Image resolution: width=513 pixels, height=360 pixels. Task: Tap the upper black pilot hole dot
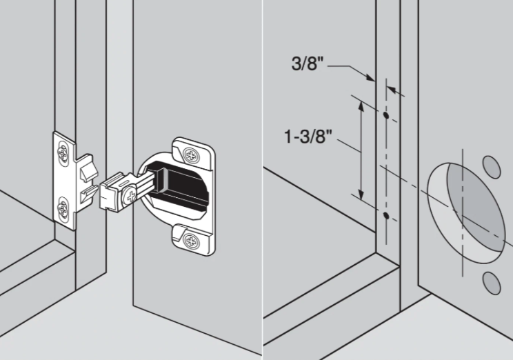[x=386, y=115]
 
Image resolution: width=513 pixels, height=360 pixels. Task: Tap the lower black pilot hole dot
[x=386, y=215]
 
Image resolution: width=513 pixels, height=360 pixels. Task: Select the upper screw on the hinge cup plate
[x=191, y=154]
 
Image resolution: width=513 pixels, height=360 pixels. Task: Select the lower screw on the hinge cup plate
[x=191, y=241]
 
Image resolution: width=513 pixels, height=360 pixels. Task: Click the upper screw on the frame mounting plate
[x=62, y=152]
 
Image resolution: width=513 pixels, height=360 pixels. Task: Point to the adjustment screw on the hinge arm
[x=130, y=196]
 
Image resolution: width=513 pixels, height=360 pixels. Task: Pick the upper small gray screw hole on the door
[x=492, y=167]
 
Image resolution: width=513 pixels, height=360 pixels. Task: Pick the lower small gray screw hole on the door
[x=492, y=283]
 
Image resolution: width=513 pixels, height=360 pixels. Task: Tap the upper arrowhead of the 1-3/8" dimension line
[x=361, y=106]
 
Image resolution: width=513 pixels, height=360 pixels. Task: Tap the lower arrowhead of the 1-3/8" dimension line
[x=361, y=194]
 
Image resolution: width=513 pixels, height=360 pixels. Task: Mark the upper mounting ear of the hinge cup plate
[x=192, y=153]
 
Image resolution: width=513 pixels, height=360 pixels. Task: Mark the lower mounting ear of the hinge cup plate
[x=192, y=240]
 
